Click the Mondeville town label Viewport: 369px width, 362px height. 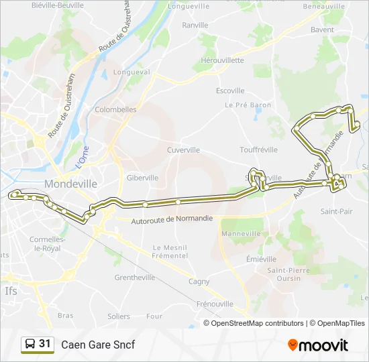70,184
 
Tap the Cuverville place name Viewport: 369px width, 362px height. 183,150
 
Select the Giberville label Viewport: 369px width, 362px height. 142,178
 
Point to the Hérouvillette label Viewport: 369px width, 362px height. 222,60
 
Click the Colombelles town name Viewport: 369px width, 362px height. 115,109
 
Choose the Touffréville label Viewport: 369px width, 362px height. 258,150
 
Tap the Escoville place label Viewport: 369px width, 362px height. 230,90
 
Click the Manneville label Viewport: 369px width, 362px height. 241,233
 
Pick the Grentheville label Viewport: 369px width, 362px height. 134,277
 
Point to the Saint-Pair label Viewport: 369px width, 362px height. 337,211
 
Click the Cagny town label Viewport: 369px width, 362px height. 199,282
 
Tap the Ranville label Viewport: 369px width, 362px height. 195,25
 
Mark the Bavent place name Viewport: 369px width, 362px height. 322,29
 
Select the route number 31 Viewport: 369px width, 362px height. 45,344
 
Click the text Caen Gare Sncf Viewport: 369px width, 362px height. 98,345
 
